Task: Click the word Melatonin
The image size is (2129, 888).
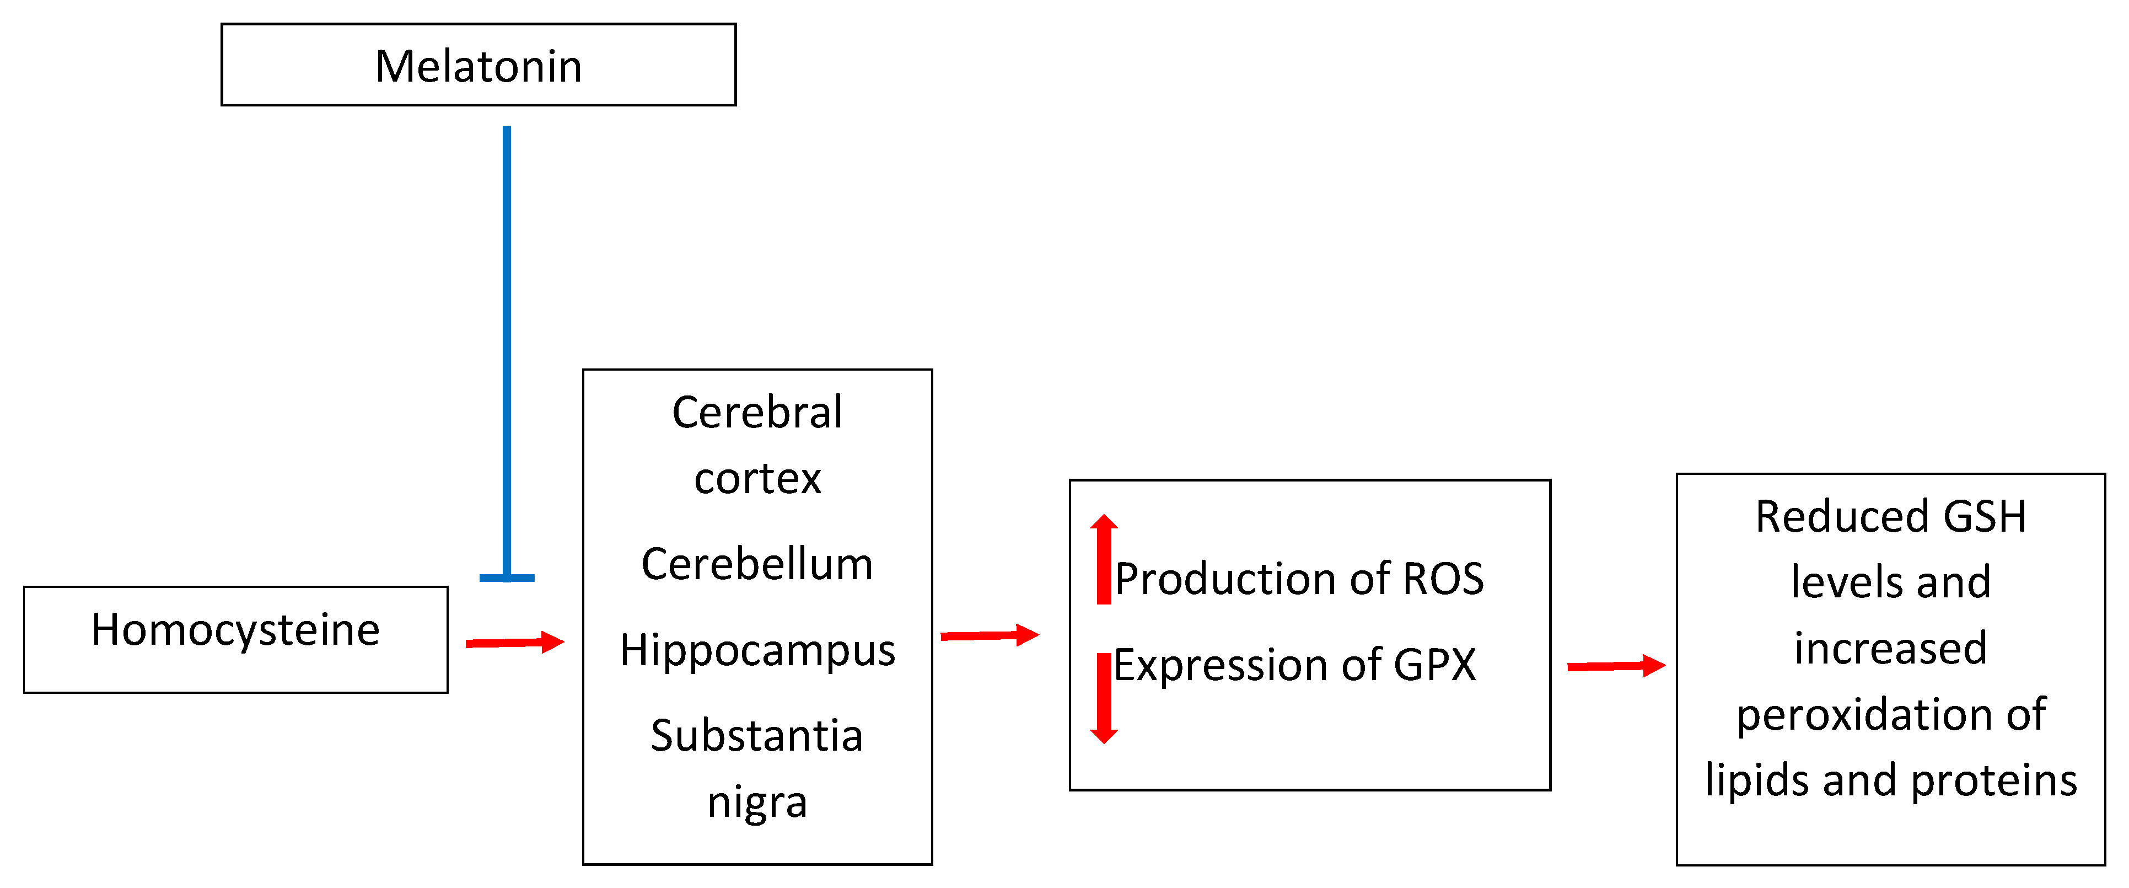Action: tap(479, 66)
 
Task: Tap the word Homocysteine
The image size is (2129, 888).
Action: tap(235, 630)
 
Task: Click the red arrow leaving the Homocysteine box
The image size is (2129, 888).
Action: tap(514, 643)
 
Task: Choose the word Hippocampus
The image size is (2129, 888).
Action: tap(757, 650)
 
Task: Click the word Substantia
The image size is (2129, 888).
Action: tap(757, 735)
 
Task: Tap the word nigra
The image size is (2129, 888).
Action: tap(757, 802)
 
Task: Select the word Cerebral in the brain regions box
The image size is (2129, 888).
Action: tap(757, 412)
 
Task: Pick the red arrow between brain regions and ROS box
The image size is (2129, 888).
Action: tap(990, 635)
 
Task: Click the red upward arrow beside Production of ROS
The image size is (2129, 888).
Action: tap(1103, 559)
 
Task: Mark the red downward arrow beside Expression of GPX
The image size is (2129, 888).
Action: tap(1103, 698)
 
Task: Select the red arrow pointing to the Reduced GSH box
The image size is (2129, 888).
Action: tap(1616, 666)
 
